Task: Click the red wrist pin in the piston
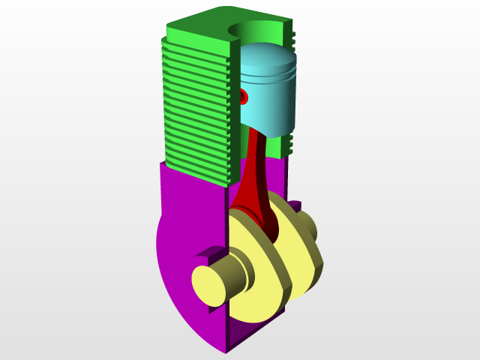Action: (244, 97)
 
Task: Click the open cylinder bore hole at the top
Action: (259, 30)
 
